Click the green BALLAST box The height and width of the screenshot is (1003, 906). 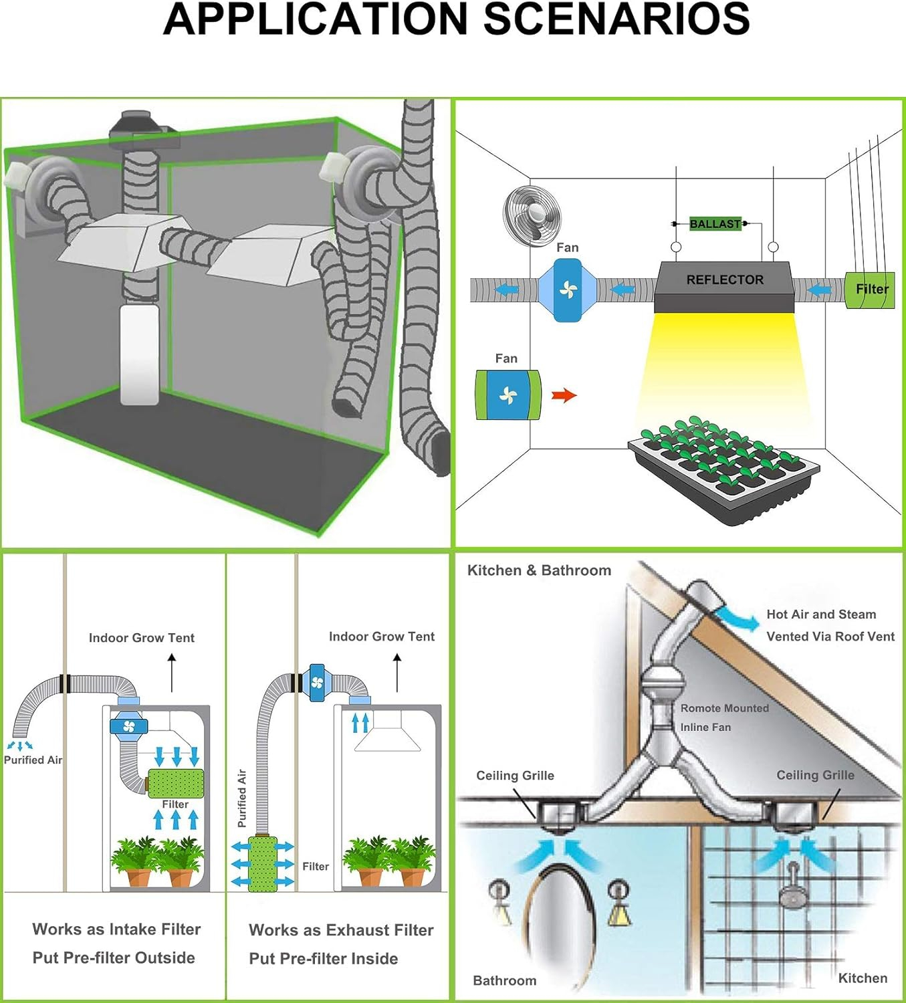click(715, 224)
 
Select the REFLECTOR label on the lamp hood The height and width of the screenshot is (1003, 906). click(725, 280)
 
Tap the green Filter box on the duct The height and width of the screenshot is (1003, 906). click(870, 290)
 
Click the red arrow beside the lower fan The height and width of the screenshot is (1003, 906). click(564, 395)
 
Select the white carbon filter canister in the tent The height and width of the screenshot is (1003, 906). click(139, 354)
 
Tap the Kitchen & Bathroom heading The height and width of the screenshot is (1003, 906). click(539, 570)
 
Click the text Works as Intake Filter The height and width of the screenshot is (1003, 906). click(116, 929)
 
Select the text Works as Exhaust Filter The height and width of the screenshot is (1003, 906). click(341, 930)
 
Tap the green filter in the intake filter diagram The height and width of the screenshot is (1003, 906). click(175, 782)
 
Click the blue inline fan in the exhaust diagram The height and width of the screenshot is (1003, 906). click(317, 683)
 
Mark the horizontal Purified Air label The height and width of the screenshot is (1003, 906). click(33, 760)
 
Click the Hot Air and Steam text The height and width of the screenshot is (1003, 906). click(820, 614)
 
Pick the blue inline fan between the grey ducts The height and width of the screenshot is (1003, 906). click(568, 290)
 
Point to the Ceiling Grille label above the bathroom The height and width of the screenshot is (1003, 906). click(515, 776)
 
